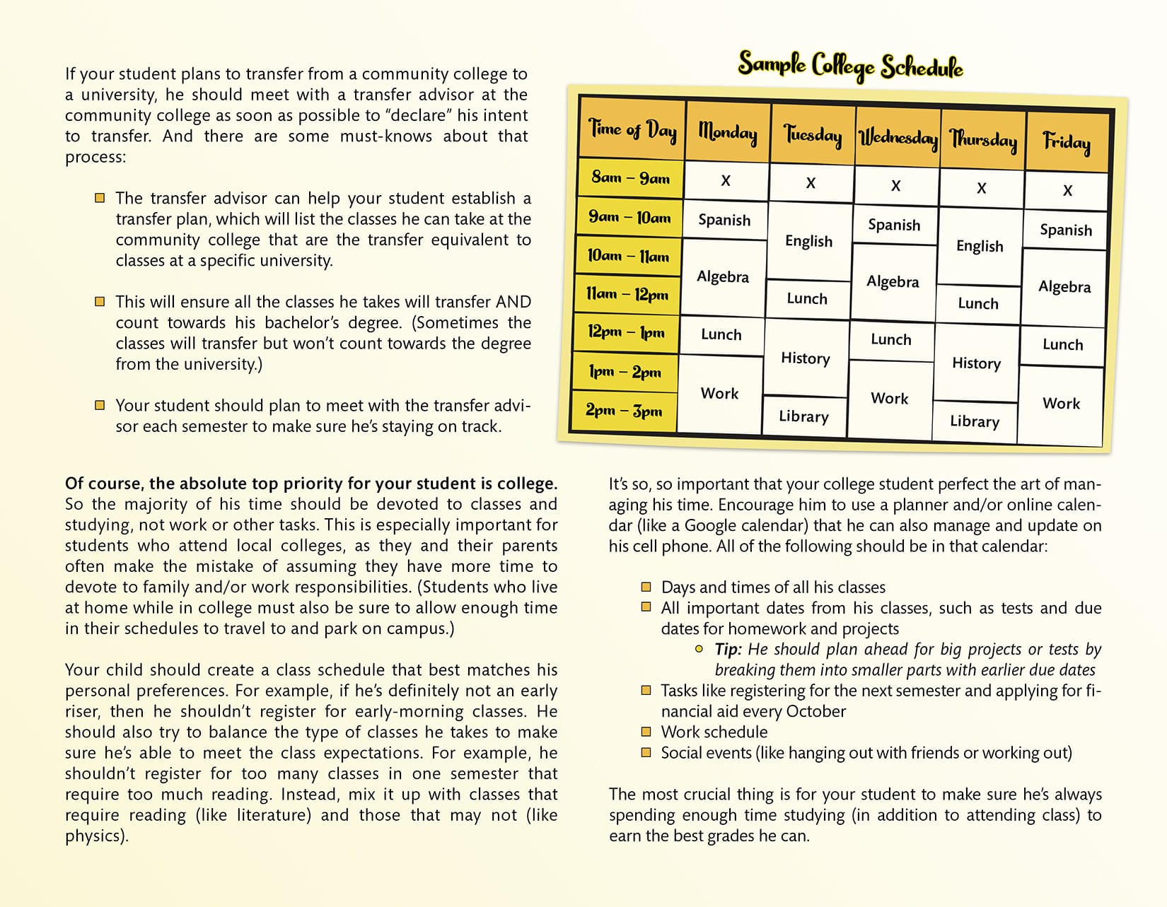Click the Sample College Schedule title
point(850,66)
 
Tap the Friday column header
point(1067,142)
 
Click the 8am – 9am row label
point(630,177)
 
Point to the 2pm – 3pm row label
point(624,410)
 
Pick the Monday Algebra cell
point(723,276)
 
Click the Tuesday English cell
point(809,241)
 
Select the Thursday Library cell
point(975,421)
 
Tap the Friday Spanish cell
point(1066,230)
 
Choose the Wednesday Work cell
point(890,398)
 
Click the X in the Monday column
point(726,181)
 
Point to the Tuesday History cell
point(806,358)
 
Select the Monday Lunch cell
point(721,334)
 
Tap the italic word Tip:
point(728,650)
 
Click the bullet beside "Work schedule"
point(646,732)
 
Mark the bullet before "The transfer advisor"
point(100,198)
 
